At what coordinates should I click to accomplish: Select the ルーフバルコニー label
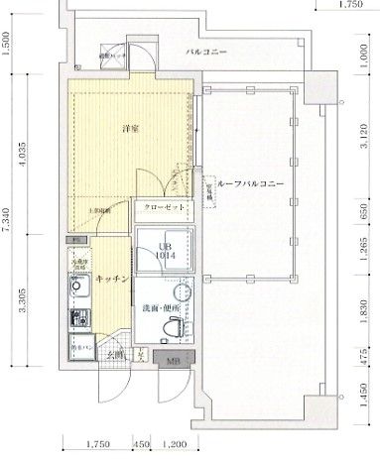251,184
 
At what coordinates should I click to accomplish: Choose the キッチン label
113,281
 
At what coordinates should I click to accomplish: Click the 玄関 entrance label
118,355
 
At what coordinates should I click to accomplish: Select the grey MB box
173,360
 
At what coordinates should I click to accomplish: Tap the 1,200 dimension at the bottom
175,445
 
